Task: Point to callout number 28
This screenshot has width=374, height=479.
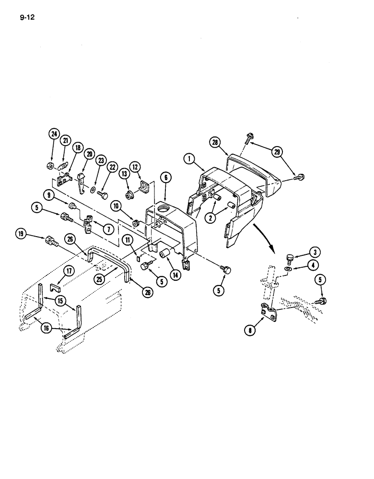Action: [x=215, y=142]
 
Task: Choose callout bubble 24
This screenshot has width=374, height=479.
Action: [x=53, y=135]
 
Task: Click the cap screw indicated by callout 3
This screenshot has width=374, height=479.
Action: [x=290, y=258]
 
